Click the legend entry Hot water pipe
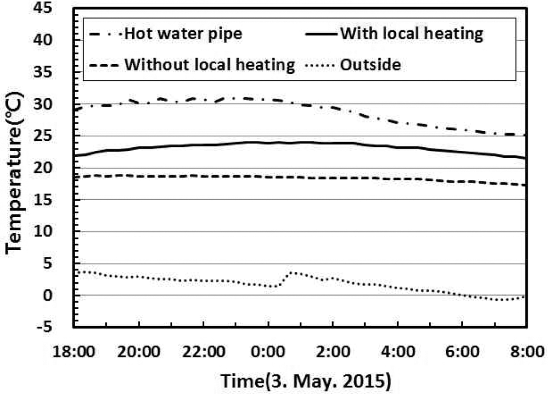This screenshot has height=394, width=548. pyautogui.click(x=166, y=34)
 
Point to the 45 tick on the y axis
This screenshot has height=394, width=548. pyautogui.click(x=55, y=8)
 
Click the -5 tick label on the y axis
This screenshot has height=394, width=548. pyautogui.click(x=55, y=328)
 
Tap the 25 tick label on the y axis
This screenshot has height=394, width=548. pyautogui.click(x=55, y=136)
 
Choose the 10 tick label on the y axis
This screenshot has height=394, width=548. pyautogui.click(x=55, y=232)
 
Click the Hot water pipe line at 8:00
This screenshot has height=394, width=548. pyautogui.click(x=526, y=135)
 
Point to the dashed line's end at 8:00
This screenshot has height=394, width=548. pyautogui.click(x=526, y=185)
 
